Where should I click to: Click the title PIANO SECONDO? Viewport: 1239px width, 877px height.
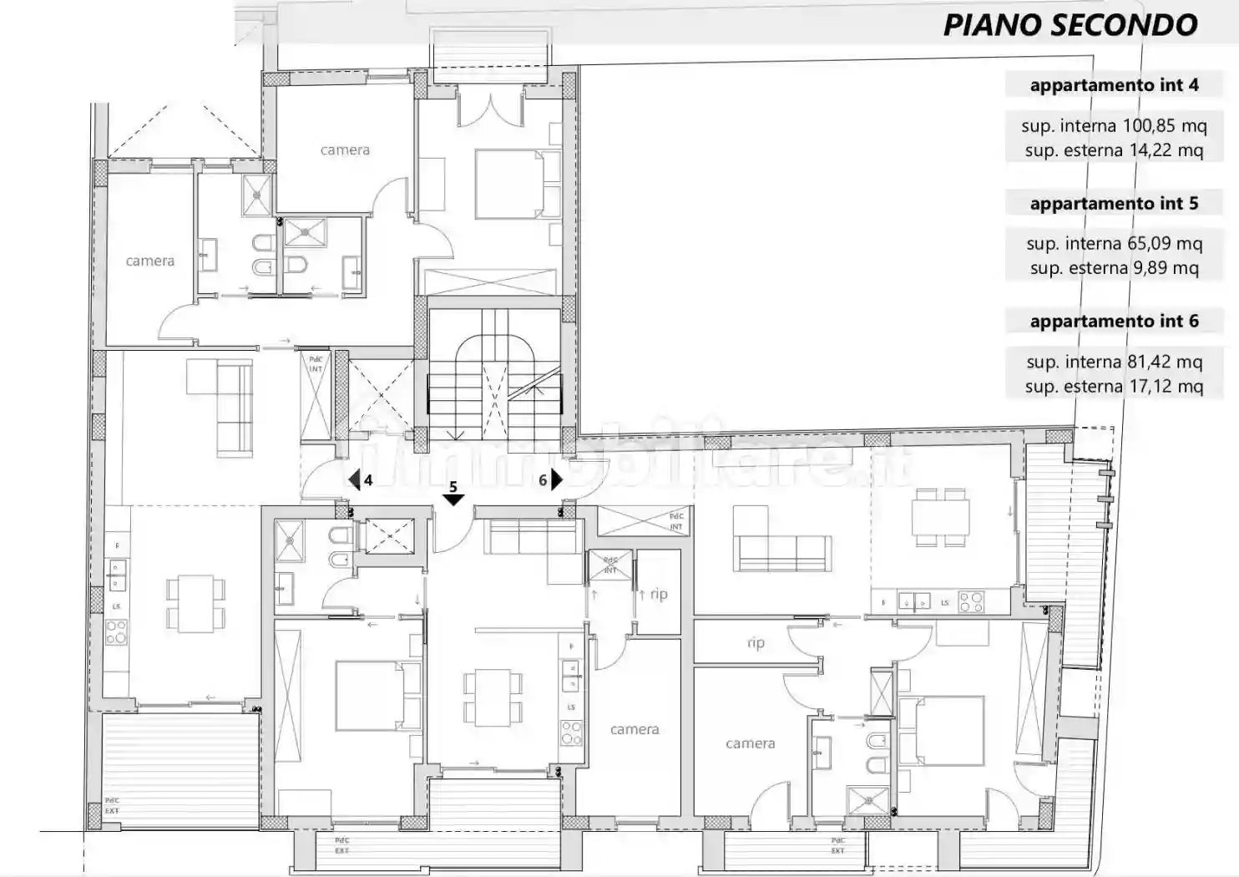1070,25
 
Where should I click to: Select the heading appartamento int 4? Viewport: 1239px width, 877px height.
1114,85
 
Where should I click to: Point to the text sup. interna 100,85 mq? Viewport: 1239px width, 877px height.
1114,126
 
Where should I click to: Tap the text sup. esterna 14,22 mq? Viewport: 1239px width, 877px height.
1114,150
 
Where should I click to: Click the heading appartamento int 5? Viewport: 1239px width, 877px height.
1114,204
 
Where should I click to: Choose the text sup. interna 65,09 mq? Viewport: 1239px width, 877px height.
1114,244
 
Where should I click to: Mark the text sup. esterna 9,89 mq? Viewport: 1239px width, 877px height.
1114,268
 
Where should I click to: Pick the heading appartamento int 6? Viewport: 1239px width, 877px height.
1114,322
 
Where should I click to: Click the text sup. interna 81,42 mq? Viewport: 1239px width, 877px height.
1114,362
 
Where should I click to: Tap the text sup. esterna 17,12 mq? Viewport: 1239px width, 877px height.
1114,387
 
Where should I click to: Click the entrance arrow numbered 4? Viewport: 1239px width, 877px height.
355,480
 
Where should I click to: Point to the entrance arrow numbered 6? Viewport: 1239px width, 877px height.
556,480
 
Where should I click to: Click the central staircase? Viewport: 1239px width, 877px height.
494,376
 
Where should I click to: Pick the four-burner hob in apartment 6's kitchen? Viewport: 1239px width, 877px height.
970,601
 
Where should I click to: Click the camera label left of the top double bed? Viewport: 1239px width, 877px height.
345,150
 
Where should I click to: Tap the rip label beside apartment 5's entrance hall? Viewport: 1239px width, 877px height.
659,595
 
